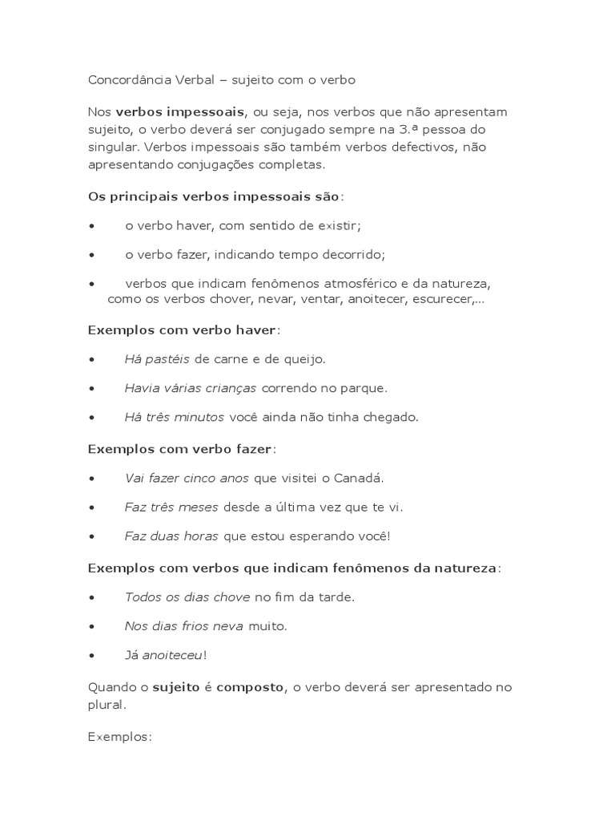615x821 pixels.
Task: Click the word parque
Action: (x=364, y=388)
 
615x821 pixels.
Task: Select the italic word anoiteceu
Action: (x=172, y=655)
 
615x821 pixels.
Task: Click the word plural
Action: (x=106, y=706)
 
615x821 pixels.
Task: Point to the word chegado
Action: (x=391, y=417)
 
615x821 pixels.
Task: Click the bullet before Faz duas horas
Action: (x=94, y=536)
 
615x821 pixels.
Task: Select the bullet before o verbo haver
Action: (x=94, y=226)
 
